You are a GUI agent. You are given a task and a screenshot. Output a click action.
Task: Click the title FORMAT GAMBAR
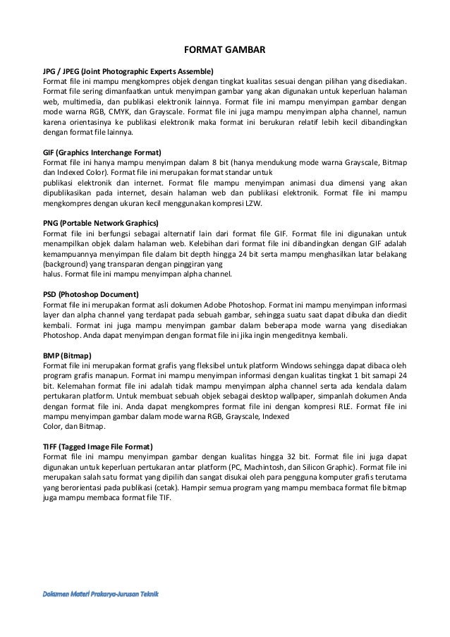click(224, 51)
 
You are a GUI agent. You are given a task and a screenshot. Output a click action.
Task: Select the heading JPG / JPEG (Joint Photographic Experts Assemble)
click(128, 71)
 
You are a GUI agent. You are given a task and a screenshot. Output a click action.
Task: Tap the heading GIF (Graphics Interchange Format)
click(102, 152)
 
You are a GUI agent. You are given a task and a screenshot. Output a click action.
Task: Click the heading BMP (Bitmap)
click(68, 354)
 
